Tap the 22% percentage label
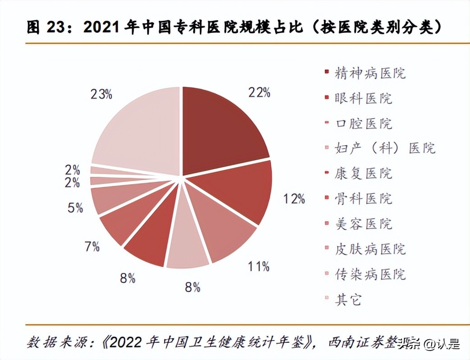259,92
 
